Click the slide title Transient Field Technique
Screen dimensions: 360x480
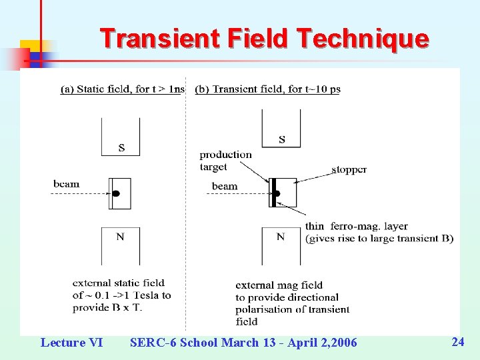pos(264,39)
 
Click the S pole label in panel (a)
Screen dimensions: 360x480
pos(121,147)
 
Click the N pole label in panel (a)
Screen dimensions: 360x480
pos(120,237)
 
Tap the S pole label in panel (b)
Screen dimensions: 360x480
pos(281,139)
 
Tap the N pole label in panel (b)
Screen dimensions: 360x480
pos(280,237)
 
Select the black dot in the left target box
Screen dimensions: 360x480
pos(115,193)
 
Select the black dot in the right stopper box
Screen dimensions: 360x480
pos(277,193)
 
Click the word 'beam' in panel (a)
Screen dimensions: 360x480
pos(67,184)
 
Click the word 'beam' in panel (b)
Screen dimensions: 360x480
pos(225,186)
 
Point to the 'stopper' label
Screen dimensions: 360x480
pos(349,169)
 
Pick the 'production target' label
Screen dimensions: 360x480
pos(225,161)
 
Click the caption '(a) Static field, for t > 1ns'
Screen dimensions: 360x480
pos(122,89)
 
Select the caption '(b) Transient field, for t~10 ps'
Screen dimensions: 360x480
pos(267,89)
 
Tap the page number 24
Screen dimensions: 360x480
pos(457,342)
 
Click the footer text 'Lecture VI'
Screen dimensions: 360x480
pos(71,343)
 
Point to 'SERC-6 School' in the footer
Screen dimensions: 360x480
pos(173,343)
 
